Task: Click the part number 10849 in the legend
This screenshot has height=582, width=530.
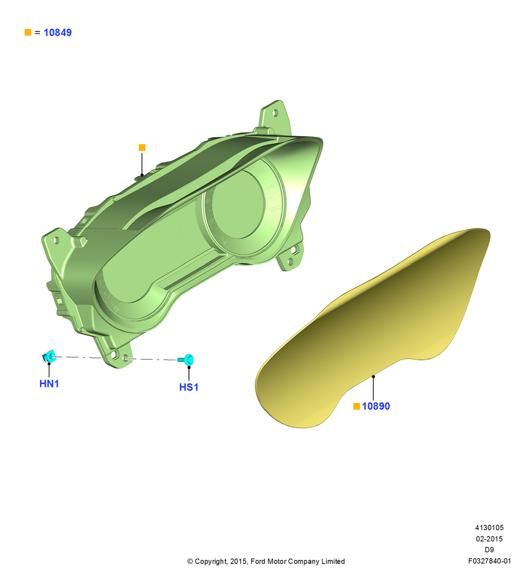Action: point(58,33)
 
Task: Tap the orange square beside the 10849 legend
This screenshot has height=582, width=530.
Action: point(28,32)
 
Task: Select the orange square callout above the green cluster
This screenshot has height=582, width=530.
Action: point(142,147)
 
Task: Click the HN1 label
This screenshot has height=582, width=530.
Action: point(49,384)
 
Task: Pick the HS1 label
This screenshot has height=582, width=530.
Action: point(189,387)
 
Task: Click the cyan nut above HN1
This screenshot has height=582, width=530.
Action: point(49,357)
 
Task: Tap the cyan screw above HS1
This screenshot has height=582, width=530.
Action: point(187,359)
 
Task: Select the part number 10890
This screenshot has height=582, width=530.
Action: point(376,406)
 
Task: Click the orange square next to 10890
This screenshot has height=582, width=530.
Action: point(357,406)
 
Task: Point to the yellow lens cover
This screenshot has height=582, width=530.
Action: point(374,327)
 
